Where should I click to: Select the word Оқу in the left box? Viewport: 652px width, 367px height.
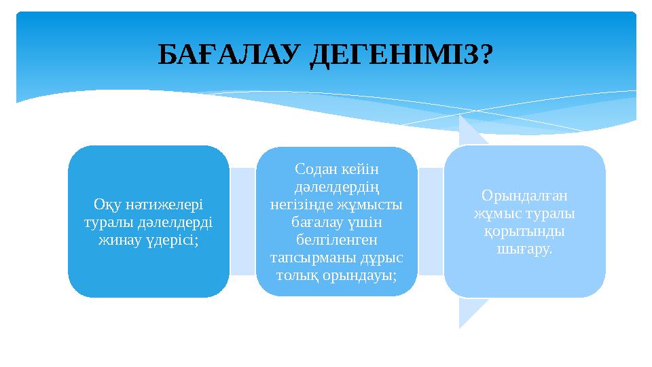(105, 205)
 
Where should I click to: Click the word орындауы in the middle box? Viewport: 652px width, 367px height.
(367, 275)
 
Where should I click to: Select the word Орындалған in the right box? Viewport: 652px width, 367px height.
(524, 195)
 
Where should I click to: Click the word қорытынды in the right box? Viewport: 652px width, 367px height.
(524, 231)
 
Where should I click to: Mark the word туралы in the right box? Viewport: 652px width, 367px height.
(551, 213)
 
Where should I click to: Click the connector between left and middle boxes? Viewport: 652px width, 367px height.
(242, 222)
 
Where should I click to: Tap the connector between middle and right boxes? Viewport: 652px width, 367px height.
(431, 222)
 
